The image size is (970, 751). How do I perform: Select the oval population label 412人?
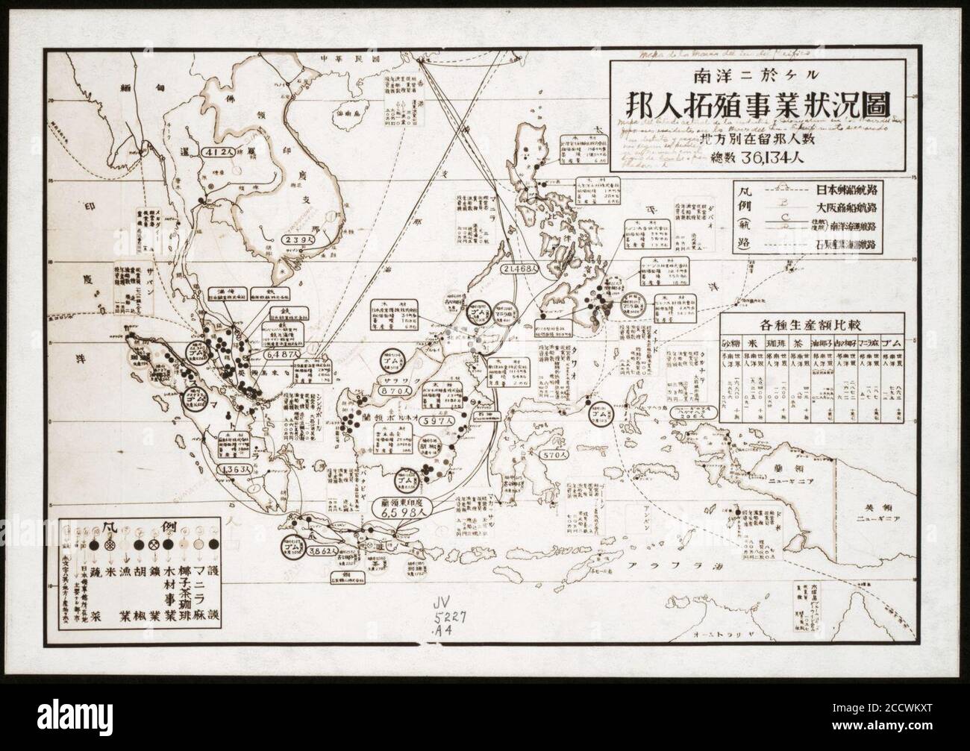[222, 152]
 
